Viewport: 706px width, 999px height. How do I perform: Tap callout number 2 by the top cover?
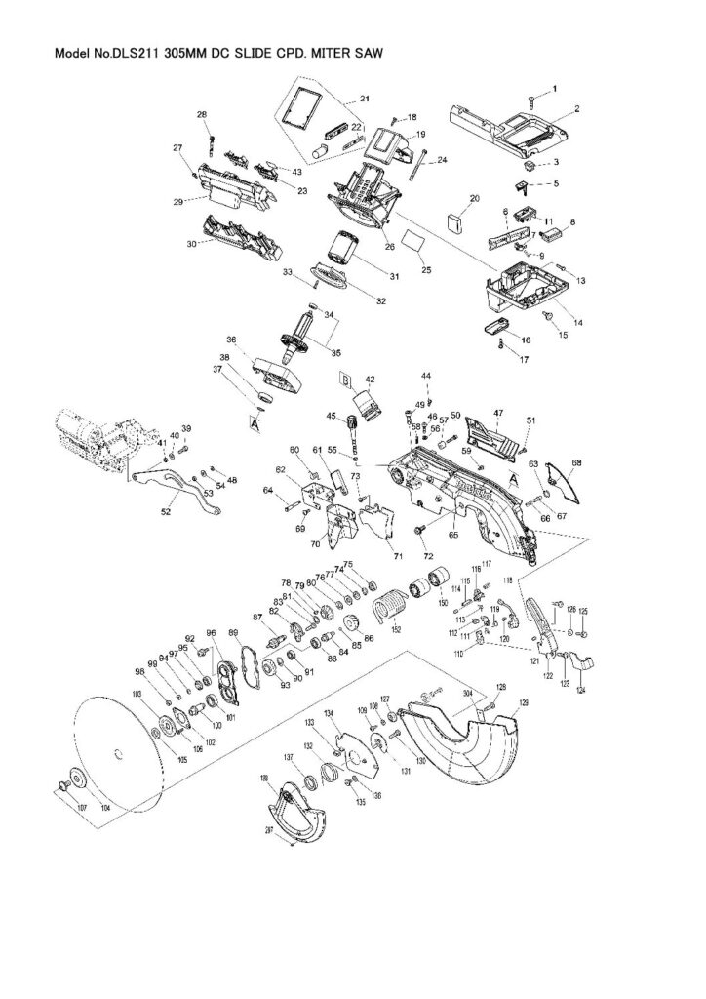(x=577, y=108)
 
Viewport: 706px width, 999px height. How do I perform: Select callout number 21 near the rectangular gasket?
(x=364, y=99)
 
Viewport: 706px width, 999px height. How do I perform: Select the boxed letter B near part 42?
(x=343, y=377)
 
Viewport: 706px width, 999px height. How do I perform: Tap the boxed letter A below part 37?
(x=256, y=424)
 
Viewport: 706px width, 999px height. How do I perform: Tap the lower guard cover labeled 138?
(x=292, y=810)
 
